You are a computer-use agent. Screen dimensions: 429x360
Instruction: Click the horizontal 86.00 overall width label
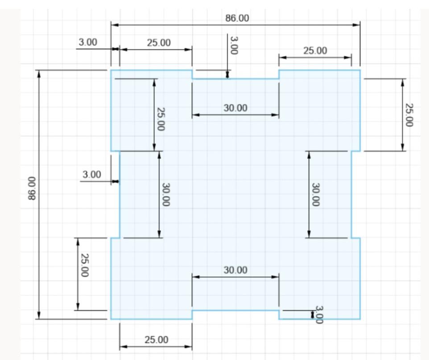(237, 18)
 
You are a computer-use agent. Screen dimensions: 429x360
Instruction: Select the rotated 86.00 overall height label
(32, 188)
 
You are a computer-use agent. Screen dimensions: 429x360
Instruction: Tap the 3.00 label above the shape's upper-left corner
(88, 42)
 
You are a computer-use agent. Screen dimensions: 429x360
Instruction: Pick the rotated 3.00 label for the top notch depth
(234, 46)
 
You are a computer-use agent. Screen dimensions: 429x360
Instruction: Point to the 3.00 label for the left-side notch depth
(92, 174)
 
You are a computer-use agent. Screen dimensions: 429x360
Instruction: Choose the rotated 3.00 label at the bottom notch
(319, 314)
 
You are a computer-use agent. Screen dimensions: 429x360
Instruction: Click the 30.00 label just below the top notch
(235, 108)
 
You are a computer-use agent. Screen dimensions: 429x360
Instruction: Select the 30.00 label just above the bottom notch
(235, 270)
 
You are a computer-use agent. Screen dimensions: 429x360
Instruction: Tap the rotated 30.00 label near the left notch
(166, 194)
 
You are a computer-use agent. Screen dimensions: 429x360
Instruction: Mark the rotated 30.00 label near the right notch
(315, 194)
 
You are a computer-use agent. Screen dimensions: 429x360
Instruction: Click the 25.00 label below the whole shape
(156, 340)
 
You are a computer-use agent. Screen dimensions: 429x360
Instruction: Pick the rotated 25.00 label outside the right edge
(409, 115)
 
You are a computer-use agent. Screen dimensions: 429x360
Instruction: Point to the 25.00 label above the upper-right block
(315, 51)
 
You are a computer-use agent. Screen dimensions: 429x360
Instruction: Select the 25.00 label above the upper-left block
(159, 43)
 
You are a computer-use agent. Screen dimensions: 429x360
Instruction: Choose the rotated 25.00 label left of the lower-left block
(85, 265)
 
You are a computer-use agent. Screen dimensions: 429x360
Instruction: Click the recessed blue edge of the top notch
(235, 79)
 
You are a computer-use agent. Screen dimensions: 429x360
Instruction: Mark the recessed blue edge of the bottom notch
(235, 310)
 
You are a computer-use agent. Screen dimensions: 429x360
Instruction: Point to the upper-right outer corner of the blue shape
(360, 70)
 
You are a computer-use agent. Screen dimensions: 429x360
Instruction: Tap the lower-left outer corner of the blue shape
(111, 319)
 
